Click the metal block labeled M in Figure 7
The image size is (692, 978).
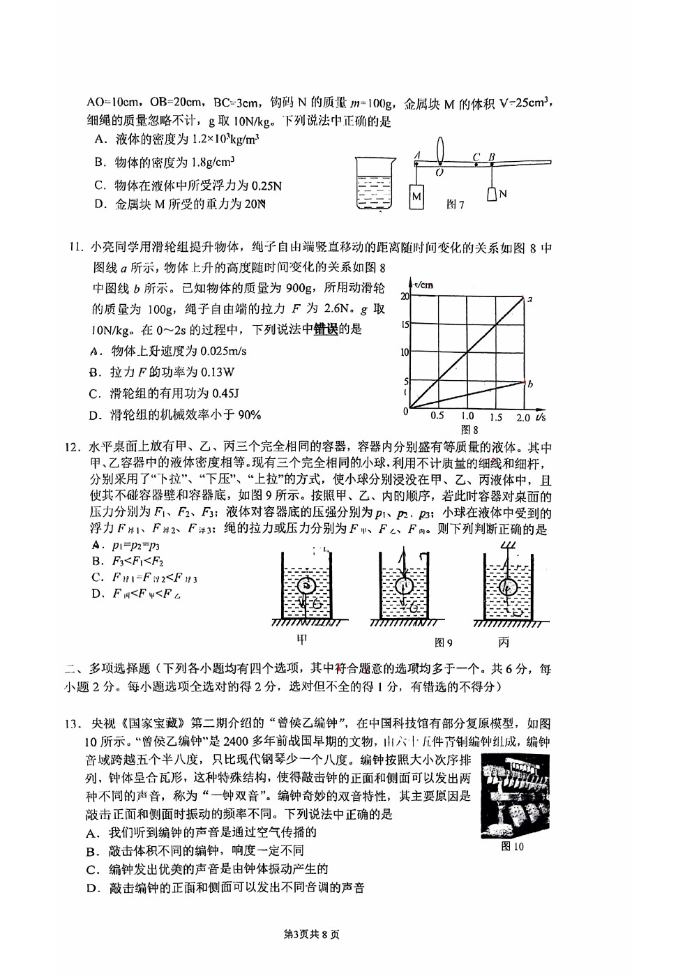tap(416, 196)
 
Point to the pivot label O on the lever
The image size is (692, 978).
tap(439, 172)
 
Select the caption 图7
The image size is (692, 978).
tap(455, 204)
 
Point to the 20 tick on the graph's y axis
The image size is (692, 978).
tap(405, 296)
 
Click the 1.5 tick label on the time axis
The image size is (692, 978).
tap(495, 417)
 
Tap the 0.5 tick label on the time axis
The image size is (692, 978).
tap(437, 416)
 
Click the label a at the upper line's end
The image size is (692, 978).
tap(530, 299)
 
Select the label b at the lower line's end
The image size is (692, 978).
tap(530, 383)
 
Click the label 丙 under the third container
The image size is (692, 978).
tap(504, 642)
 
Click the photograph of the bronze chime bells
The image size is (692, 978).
tap(515, 796)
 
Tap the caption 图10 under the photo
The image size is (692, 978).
tap(513, 847)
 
